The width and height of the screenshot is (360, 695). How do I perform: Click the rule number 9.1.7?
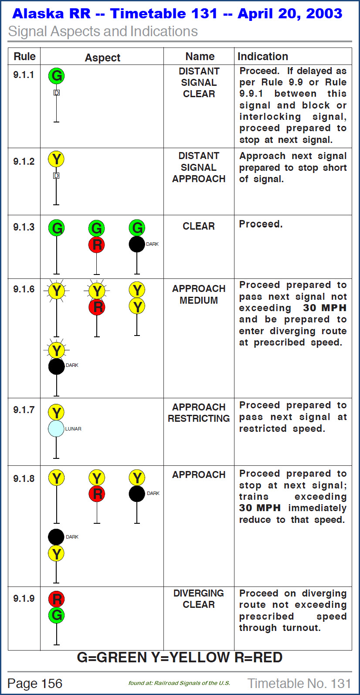pyautogui.click(x=24, y=410)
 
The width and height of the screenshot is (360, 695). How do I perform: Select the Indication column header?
pyautogui.click(x=262, y=57)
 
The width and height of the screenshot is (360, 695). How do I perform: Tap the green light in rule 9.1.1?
pyautogui.click(x=56, y=76)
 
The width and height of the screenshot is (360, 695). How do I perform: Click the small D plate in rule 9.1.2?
pyautogui.click(x=56, y=176)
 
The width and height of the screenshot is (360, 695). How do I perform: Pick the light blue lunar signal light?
pyautogui.click(x=56, y=429)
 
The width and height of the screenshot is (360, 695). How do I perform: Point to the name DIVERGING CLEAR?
pyautogui.click(x=199, y=599)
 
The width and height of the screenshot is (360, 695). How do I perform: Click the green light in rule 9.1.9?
pyautogui.click(x=56, y=615)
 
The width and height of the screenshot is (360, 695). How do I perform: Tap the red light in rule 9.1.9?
pyautogui.click(x=56, y=599)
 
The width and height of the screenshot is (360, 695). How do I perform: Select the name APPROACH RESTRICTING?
pyautogui.click(x=199, y=413)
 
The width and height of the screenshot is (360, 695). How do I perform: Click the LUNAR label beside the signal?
pyautogui.click(x=73, y=429)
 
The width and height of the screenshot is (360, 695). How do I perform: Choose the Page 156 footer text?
pyautogui.click(x=35, y=683)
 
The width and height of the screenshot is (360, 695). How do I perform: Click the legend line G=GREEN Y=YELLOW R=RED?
pyautogui.click(x=180, y=658)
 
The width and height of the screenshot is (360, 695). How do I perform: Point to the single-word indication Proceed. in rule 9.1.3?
pyautogui.click(x=261, y=224)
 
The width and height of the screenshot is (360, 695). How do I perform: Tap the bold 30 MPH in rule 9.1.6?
pyautogui.click(x=325, y=308)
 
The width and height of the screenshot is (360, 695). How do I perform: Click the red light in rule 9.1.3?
pyautogui.click(x=97, y=244)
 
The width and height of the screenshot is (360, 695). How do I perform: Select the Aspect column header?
pyautogui.click(x=102, y=58)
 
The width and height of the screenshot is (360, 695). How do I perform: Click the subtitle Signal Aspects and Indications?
pyautogui.click(x=103, y=31)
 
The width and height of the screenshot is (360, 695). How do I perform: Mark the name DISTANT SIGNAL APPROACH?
pyautogui.click(x=199, y=167)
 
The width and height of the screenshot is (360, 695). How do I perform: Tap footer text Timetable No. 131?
pyautogui.click(x=299, y=683)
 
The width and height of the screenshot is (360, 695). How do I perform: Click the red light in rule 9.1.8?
pyautogui.click(x=97, y=494)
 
